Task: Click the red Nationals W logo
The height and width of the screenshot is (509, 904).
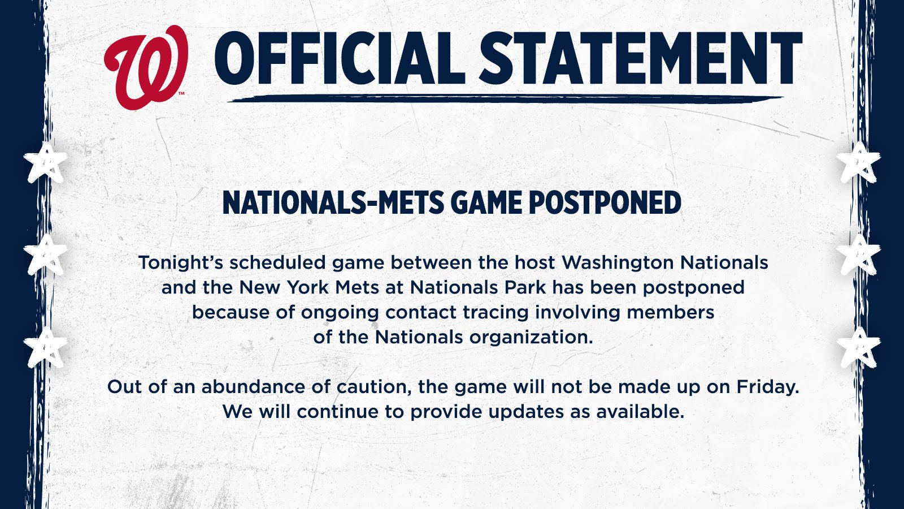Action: click(146, 67)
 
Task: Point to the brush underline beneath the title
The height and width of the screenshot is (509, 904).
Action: click(505, 98)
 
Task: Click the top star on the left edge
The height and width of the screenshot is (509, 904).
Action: click(46, 162)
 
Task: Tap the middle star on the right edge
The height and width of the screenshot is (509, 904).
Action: click(858, 255)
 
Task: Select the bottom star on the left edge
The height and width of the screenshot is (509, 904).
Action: click(46, 347)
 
